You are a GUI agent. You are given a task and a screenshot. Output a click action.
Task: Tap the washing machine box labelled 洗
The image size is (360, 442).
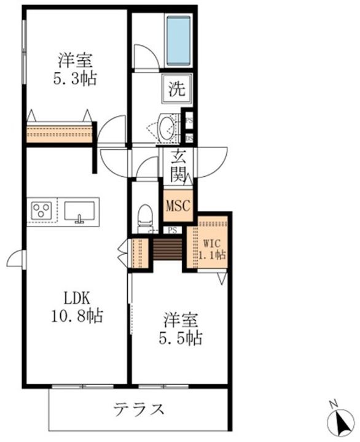coord(176,88)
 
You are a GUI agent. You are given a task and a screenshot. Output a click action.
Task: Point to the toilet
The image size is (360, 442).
coord(145,218)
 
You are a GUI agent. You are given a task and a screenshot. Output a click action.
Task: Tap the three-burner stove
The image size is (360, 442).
coord(42,211)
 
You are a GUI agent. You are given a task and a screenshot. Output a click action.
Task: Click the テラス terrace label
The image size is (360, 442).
coord(139,409)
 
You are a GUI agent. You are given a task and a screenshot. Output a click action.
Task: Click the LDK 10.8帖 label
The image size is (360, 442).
coord(77,308)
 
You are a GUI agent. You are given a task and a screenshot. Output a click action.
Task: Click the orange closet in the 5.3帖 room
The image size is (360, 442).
coord(60,132)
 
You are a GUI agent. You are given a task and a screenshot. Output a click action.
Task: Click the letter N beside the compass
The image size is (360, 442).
coord(332,403)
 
